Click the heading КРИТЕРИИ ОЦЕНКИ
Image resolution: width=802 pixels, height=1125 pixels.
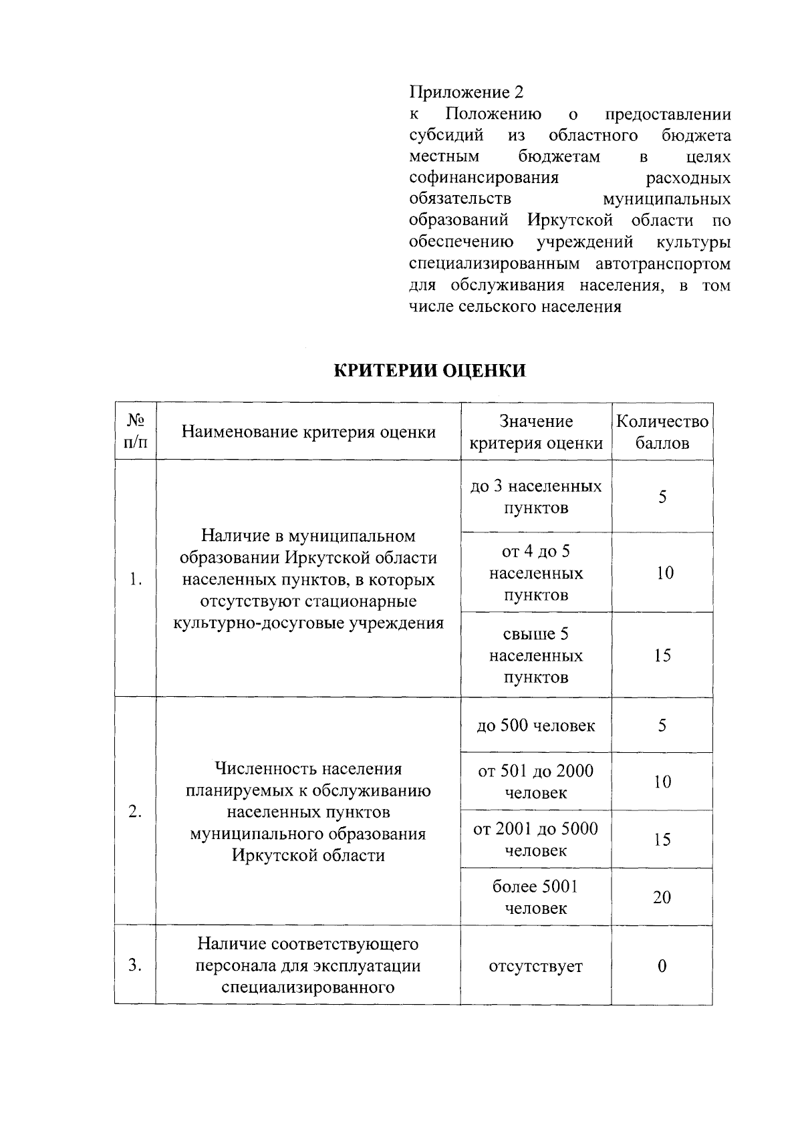[430, 371]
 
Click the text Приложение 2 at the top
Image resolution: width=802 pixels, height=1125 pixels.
[466, 92]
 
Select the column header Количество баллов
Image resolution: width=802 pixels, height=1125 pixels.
[662, 432]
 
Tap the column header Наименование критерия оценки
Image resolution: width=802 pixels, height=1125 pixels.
[309, 432]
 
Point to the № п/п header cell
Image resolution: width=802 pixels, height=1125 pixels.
[136, 432]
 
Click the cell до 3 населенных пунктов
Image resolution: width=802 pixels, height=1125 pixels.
[536, 496]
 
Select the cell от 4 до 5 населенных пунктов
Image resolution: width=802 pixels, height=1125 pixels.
[536, 573]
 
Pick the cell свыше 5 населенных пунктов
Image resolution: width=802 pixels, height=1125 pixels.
[536, 655]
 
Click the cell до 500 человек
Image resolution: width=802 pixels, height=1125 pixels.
[536, 726]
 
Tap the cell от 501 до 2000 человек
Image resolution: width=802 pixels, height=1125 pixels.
[536, 782]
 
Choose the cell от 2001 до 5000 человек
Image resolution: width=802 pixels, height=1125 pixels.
[536, 839]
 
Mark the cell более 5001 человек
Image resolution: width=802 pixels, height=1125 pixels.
[536, 897]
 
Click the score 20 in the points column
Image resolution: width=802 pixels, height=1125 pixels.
[662, 897]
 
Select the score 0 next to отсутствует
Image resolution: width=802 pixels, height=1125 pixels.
[662, 966]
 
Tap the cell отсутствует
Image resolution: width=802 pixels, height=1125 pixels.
[536, 966]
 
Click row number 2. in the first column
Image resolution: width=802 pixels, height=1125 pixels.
[136, 812]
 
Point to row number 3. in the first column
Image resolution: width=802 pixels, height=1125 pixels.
[136, 965]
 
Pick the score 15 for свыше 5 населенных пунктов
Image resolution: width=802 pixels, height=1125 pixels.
[662, 655]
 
